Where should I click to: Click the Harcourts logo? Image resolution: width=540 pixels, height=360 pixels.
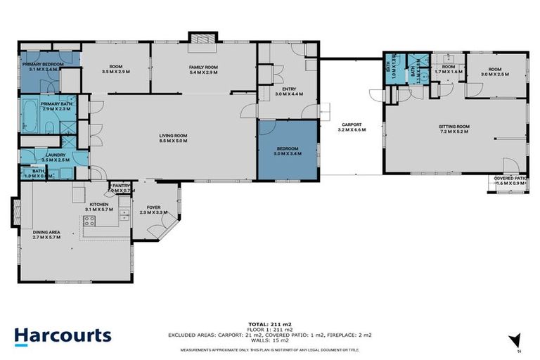tap(63, 335)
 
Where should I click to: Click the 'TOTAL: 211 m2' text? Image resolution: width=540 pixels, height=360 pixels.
tap(269, 323)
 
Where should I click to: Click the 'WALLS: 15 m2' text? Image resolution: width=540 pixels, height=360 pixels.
tap(269, 342)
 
